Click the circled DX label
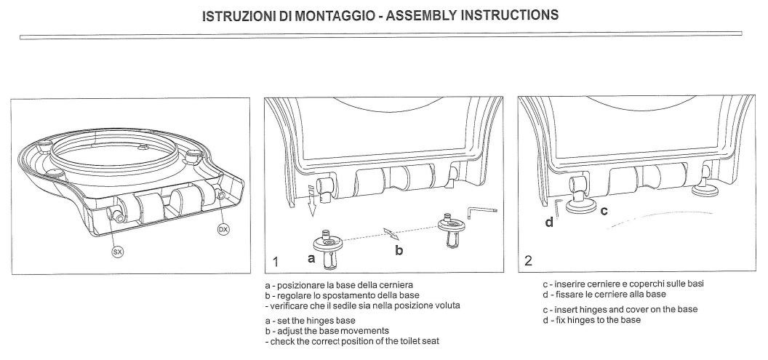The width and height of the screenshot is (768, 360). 224,230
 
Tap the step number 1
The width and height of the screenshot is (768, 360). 276,260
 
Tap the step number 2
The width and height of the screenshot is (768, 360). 529,260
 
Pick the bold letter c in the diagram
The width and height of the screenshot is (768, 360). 604,211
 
